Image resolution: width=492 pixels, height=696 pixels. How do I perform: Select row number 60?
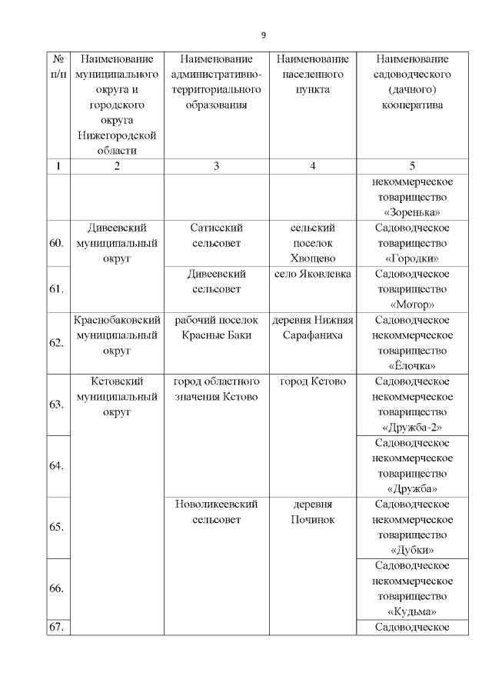point(56,243)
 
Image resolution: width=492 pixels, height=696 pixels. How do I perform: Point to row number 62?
point(56,343)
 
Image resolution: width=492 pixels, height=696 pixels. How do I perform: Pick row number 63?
point(56,405)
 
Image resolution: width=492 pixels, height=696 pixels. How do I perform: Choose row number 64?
point(56,466)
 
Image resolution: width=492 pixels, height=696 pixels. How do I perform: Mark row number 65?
point(56,528)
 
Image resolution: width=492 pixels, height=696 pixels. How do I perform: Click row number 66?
point(56,588)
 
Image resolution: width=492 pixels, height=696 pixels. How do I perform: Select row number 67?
point(56,627)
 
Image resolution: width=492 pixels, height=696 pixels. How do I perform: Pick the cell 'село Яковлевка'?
point(312,274)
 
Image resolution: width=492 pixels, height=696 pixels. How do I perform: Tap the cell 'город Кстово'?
point(312,381)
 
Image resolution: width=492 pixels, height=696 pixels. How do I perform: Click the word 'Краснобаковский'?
point(117,320)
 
